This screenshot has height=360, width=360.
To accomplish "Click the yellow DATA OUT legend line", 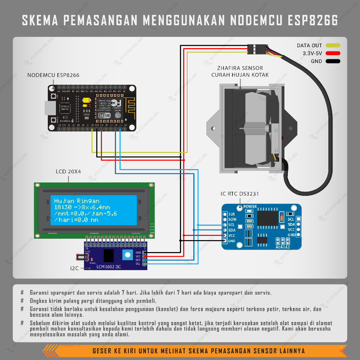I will pos(333,45).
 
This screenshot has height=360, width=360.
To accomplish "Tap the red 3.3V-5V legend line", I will pos(333,53).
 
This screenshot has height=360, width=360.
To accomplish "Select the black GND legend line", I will pos(333,61).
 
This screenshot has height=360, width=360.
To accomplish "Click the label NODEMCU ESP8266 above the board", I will pos(53,75).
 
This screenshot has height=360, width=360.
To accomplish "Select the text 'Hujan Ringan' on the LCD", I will pos(77,201).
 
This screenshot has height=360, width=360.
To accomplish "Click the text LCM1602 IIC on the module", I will pos(109,267).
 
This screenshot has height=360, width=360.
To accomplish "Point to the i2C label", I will pos(74,268).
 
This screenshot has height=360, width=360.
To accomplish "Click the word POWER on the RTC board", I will pos(250,206).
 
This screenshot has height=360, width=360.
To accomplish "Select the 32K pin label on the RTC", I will pos(232,214).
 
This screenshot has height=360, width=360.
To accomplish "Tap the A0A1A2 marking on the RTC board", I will pos(283,247).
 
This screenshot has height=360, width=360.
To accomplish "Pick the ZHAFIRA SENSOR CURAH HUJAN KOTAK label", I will pos(240,71).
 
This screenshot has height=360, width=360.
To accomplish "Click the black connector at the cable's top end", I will pos(256,49).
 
